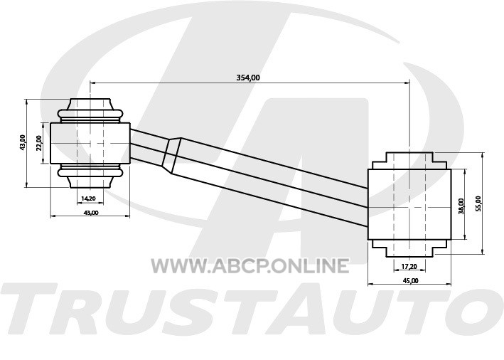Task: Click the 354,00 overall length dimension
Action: coord(248,78)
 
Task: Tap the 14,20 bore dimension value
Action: coord(88,198)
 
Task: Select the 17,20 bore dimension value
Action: coord(409,266)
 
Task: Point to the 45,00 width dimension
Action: coord(411,280)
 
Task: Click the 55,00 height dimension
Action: coord(478,203)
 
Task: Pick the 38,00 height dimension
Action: coord(461,206)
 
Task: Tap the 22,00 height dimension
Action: coord(38,143)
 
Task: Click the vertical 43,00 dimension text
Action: coord(22,143)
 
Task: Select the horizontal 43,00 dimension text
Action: coord(91,212)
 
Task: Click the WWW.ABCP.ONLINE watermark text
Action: coord(250,266)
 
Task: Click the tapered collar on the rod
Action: coord(172,156)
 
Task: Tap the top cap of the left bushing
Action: coord(90,110)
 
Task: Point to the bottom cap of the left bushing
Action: coord(90,176)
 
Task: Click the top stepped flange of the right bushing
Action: coord(409,161)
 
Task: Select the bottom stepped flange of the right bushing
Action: coord(409,248)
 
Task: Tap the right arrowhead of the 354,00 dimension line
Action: coord(407,83)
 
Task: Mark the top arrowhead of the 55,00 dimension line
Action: coord(482,156)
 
